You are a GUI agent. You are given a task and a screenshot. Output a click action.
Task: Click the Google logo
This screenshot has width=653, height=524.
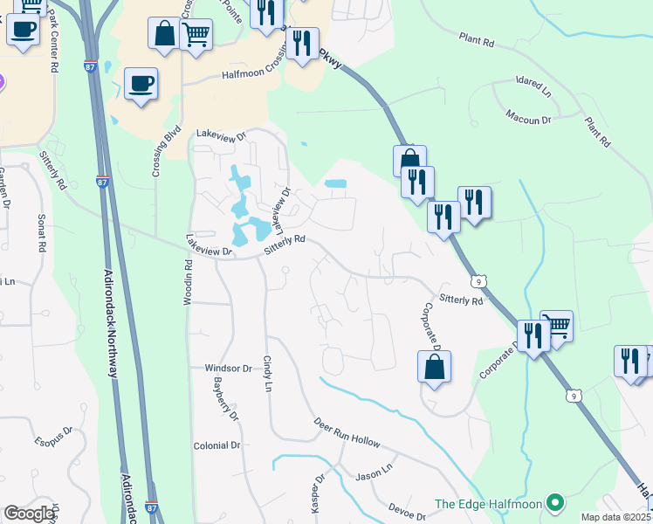30,514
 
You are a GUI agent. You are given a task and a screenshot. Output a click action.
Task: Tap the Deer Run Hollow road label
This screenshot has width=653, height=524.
347,432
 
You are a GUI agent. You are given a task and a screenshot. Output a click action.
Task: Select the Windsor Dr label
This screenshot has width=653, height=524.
228,369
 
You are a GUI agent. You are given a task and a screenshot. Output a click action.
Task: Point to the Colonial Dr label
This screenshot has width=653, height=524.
217,445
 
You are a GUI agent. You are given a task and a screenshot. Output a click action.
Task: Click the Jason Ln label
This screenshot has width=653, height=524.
375,476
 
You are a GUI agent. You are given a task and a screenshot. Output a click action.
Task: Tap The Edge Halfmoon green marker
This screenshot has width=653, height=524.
554,503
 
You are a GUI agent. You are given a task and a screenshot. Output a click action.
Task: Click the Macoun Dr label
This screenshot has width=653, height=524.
528,117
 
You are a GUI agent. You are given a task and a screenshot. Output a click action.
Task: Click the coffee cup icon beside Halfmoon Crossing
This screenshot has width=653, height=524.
141,84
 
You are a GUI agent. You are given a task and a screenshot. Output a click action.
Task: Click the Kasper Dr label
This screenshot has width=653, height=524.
318,493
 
